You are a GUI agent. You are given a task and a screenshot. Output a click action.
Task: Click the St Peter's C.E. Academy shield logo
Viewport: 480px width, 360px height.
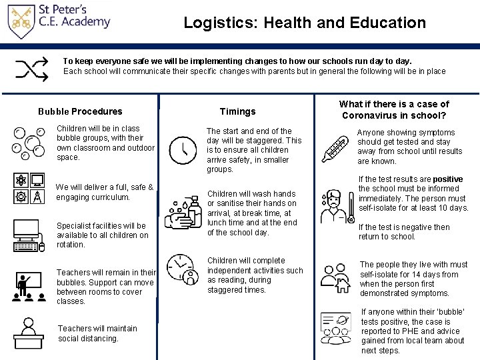[x=21, y=21]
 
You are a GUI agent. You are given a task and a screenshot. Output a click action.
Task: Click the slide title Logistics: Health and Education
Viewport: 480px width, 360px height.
[x=305, y=23]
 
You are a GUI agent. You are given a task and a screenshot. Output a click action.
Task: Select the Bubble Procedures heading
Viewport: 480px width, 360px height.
[x=80, y=111]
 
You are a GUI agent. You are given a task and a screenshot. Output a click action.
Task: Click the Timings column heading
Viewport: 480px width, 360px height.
[x=237, y=111]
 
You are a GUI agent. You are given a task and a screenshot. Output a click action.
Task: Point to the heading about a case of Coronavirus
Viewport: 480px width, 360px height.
[x=394, y=109]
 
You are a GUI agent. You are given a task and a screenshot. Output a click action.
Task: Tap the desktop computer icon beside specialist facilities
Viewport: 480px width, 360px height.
[x=27, y=235]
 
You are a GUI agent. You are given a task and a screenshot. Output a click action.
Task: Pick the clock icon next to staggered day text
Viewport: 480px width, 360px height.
[x=182, y=150]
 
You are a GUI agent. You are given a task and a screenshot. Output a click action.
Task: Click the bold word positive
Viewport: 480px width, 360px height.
[x=447, y=179]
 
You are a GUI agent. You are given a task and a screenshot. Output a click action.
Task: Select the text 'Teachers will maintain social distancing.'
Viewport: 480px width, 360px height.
[x=97, y=333]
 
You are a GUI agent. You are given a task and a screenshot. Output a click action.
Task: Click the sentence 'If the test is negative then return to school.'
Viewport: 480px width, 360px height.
[x=404, y=232]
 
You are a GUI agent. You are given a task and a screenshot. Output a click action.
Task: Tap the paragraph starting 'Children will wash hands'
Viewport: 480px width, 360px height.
[x=252, y=213]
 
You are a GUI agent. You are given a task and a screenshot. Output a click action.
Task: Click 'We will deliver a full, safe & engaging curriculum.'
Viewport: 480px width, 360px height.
[x=105, y=192]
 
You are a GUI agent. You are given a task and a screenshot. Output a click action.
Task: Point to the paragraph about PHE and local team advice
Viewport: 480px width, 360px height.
[x=413, y=331]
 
